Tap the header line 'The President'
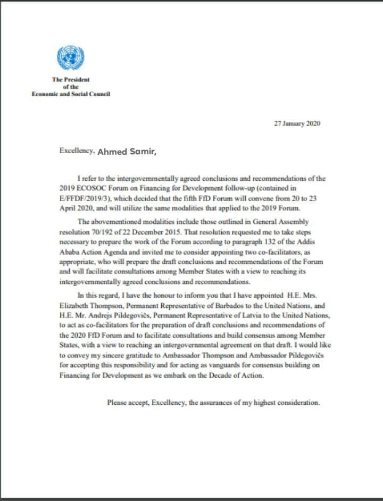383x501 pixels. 70,79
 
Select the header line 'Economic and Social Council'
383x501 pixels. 71,93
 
